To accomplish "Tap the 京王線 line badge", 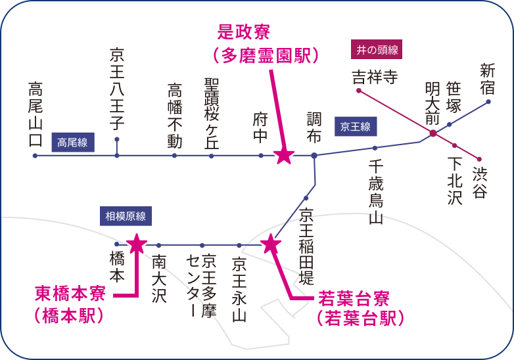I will click(x=356, y=127).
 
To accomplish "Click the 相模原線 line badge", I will click(x=126, y=216).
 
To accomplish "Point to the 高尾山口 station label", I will click(x=35, y=114).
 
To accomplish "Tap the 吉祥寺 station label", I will click(x=375, y=77).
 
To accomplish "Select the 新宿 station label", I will click(x=488, y=79).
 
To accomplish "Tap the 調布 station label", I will click(x=314, y=127).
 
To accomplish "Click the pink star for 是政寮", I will click(x=284, y=156).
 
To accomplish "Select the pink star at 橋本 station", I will click(x=137, y=244).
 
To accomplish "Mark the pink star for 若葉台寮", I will click(x=271, y=244).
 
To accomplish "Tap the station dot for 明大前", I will click(x=433, y=134).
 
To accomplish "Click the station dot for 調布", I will click(x=314, y=156).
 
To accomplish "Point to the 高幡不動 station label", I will click(x=175, y=116).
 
